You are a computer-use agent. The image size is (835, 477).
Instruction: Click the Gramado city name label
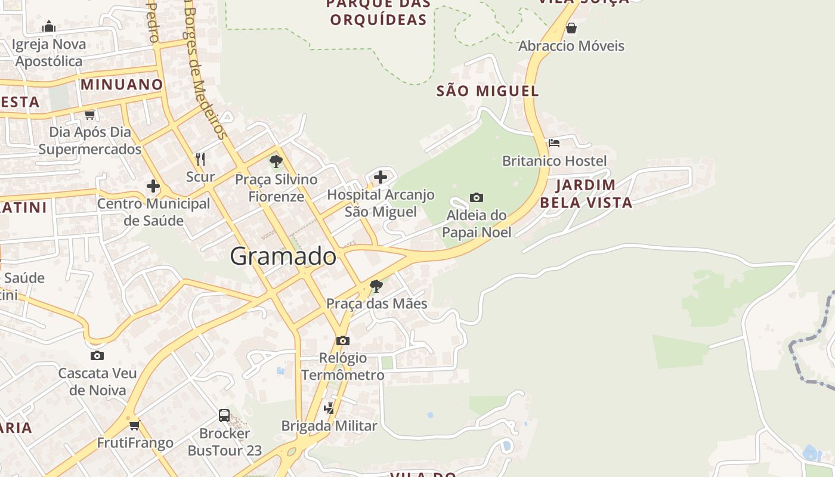283,256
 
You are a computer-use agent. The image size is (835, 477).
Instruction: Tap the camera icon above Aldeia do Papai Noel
476,197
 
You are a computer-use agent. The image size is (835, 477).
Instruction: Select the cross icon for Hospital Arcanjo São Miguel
381,176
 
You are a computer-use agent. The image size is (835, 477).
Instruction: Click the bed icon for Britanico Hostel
553,143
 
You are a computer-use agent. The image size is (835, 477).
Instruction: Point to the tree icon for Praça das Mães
376,286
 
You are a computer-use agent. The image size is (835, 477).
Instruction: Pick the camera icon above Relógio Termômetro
342,340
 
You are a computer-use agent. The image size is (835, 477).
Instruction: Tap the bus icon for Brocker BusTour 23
224,415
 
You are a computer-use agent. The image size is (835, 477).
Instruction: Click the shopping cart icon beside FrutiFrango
135,425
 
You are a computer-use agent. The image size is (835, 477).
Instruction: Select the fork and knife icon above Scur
200,159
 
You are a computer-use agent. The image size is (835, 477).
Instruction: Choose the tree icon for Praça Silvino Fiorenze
276,161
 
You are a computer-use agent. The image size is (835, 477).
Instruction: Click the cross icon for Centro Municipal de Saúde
153,186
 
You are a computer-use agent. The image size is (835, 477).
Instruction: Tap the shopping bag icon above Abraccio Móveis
571,28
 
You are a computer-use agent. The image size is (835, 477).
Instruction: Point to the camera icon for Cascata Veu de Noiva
97,356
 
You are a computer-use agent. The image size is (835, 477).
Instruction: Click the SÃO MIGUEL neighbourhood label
488,91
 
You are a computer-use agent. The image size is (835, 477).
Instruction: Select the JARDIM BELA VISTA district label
586,193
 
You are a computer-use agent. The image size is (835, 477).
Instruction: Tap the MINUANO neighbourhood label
122,85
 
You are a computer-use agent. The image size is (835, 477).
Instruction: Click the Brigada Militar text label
329,426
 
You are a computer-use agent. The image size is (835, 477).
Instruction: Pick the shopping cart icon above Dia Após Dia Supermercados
89,114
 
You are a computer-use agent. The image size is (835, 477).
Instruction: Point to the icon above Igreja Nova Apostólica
49,26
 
